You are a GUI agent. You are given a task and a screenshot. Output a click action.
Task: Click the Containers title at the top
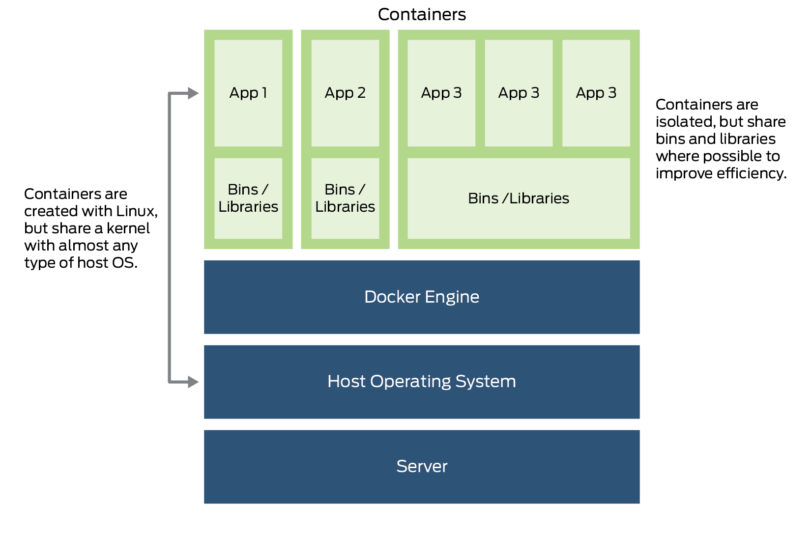tap(421, 14)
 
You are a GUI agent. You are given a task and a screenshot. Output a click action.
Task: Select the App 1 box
tap(248, 93)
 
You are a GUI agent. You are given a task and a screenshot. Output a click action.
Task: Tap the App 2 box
tap(345, 93)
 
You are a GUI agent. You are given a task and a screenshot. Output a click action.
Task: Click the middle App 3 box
tap(519, 93)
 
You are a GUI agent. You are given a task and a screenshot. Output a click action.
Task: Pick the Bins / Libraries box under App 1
tap(248, 198)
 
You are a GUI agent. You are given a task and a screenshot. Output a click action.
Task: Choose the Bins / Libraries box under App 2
tap(345, 198)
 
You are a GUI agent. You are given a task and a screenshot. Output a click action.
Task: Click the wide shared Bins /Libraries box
tap(519, 198)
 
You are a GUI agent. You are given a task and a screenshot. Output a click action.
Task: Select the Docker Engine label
tap(421, 297)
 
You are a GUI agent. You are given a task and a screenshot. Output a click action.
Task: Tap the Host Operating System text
tap(421, 381)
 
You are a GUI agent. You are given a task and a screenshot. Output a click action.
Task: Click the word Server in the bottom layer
tap(421, 466)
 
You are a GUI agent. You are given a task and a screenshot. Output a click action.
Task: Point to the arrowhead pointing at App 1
tap(193, 93)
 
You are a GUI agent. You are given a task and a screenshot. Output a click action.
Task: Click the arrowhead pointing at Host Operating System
tap(193, 382)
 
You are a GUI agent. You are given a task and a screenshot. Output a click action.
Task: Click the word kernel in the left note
tap(128, 228)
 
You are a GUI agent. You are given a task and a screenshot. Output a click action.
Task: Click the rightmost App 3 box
tap(596, 93)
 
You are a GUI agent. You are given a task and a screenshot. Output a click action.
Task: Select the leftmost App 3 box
tap(441, 93)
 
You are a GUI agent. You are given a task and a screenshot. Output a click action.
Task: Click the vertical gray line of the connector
tap(170, 236)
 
